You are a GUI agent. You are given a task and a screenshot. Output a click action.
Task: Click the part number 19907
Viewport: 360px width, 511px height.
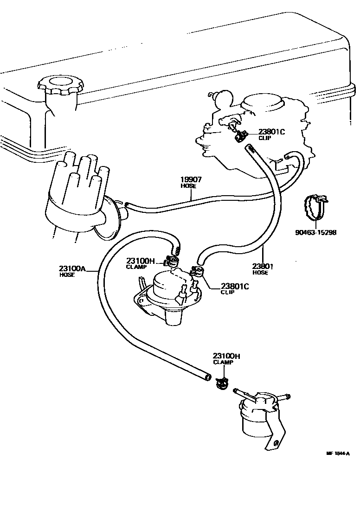(190, 179)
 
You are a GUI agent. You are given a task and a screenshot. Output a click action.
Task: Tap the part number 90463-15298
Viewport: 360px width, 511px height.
(315, 232)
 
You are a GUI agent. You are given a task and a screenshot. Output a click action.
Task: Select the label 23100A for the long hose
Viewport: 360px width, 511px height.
(72, 268)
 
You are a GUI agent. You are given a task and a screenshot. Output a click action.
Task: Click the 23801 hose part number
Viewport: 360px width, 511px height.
(262, 266)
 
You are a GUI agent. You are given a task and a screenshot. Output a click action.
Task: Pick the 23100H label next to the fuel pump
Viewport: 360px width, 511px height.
(142, 261)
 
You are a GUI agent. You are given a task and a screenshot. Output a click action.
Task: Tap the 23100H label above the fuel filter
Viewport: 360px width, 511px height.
(226, 356)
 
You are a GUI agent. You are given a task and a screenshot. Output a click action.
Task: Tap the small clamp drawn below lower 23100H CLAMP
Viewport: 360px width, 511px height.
(222, 383)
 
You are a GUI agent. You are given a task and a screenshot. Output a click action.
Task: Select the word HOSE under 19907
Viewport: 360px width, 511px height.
(188, 186)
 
